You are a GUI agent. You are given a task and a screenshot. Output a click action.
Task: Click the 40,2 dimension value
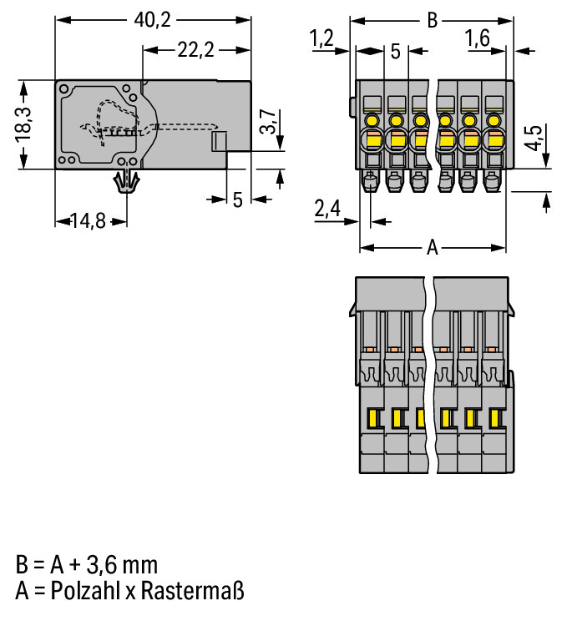point(153,20)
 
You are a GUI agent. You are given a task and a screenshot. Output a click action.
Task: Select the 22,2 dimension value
point(195,50)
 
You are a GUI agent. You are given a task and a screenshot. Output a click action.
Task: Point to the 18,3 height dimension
point(23,124)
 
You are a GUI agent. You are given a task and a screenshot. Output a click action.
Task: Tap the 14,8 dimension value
point(89,221)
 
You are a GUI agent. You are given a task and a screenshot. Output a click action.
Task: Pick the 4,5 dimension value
point(534,138)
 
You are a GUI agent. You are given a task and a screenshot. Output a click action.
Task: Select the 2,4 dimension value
point(327,209)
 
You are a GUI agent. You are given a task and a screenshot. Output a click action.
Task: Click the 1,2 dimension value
point(321,38)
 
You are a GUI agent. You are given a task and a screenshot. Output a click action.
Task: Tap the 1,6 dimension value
point(478,38)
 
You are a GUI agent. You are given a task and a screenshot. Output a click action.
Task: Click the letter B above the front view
point(433,20)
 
